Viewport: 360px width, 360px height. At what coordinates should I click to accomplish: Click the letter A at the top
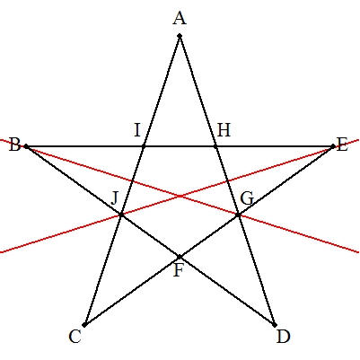click(x=180, y=19)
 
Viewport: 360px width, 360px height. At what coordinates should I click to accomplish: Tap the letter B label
click(x=14, y=145)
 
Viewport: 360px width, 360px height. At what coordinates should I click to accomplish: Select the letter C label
click(x=75, y=337)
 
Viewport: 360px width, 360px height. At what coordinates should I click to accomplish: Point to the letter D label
click(x=283, y=337)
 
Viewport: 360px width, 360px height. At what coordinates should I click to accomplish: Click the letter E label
click(x=342, y=145)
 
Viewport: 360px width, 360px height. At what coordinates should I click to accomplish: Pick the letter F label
click(x=179, y=270)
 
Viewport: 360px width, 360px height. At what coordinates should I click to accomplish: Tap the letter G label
click(x=247, y=198)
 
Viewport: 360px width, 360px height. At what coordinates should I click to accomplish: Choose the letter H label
click(x=224, y=130)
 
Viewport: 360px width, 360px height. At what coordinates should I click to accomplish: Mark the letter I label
click(x=137, y=130)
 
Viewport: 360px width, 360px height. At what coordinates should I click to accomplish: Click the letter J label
click(x=114, y=198)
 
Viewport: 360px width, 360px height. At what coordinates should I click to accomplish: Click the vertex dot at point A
click(x=180, y=36)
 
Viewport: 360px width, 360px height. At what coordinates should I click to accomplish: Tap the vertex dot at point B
click(x=26, y=146)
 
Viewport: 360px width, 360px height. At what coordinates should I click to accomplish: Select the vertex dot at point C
click(x=84, y=325)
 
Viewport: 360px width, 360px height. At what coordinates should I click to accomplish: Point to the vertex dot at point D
click(x=275, y=325)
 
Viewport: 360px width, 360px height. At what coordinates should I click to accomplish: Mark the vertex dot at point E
click(x=333, y=146)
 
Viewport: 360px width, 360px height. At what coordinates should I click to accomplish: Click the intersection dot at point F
click(x=180, y=257)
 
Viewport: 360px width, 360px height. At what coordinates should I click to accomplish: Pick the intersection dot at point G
click(x=238, y=215)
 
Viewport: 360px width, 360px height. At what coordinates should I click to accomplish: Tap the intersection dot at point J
click(x=121, y=215)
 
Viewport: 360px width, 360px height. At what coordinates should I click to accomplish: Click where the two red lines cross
click(x=180, y=196)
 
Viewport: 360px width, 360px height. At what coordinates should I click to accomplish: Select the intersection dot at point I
click(x=144, y=146)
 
